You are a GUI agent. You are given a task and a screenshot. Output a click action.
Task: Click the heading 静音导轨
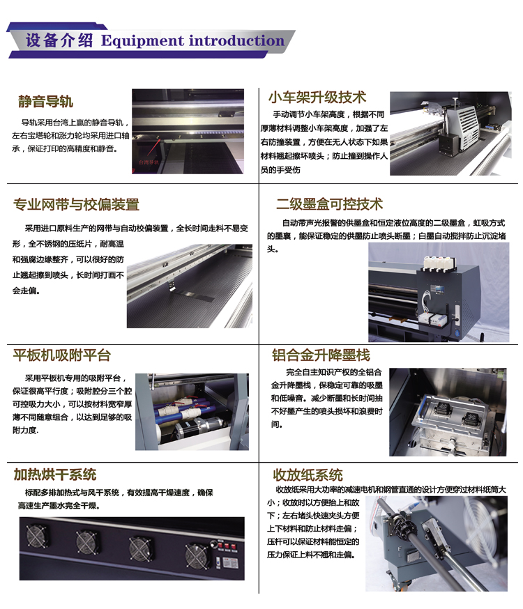coord(45,102)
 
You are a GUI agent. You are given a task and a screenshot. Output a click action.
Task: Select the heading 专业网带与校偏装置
coord(76,204)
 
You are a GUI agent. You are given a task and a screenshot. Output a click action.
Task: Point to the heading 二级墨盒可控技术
coord(329,204)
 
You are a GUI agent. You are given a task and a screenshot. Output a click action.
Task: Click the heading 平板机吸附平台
coord(62,355)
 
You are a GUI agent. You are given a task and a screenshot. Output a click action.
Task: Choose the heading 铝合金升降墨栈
coord(320,355)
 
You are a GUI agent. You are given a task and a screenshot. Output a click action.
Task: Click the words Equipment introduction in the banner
coord(192,40)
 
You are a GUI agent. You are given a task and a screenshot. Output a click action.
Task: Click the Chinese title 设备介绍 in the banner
coord(59,40)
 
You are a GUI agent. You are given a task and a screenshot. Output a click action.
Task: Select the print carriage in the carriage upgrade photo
coord(457,129)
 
